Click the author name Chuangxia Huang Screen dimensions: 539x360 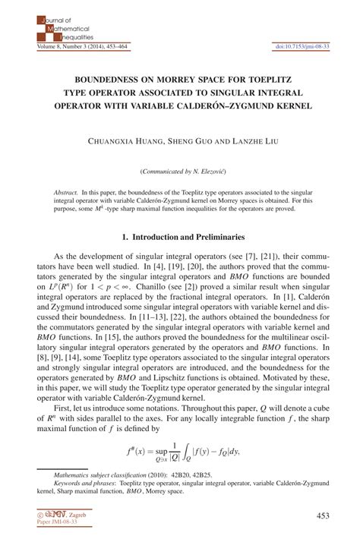pyautogui.click(x=124, y=140)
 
